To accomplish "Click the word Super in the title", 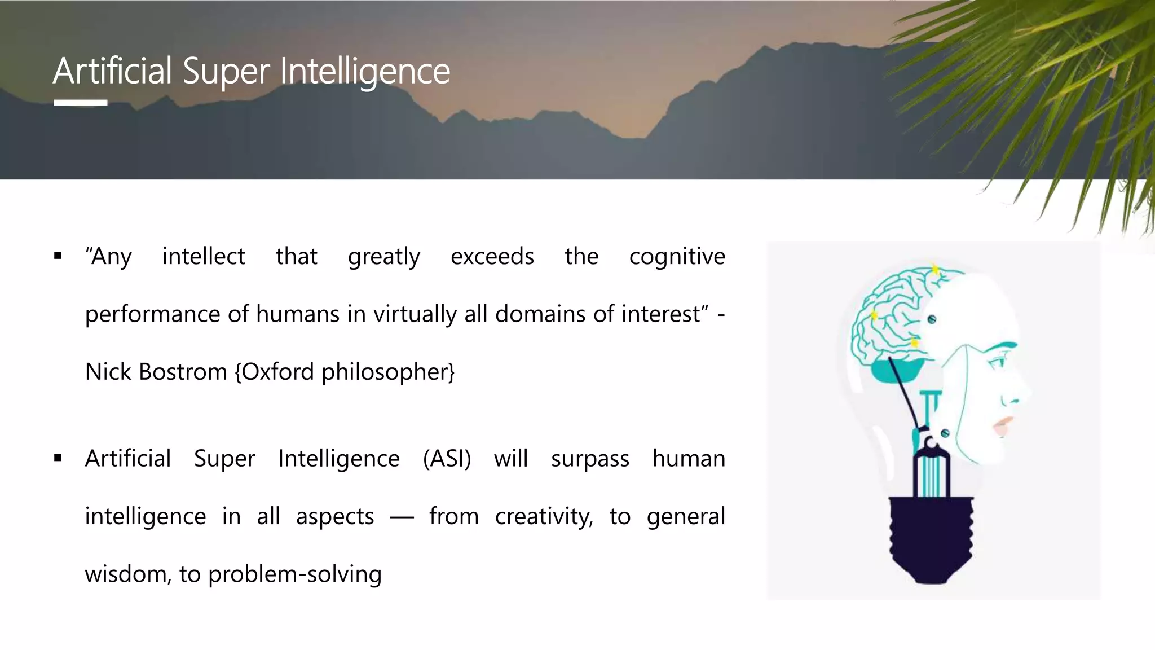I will pos(226,72).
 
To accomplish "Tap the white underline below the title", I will pos(81,103).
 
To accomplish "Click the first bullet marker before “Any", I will pos(58,256).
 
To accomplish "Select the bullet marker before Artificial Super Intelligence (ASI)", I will pos(58,458).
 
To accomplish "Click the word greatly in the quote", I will pos(384,257).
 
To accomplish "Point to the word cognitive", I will pos(677,257).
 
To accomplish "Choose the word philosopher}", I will pos(388,372).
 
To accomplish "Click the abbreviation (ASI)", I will pos(447,459).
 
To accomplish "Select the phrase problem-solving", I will pos(295,574).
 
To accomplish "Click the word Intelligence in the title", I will pos(365,72).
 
